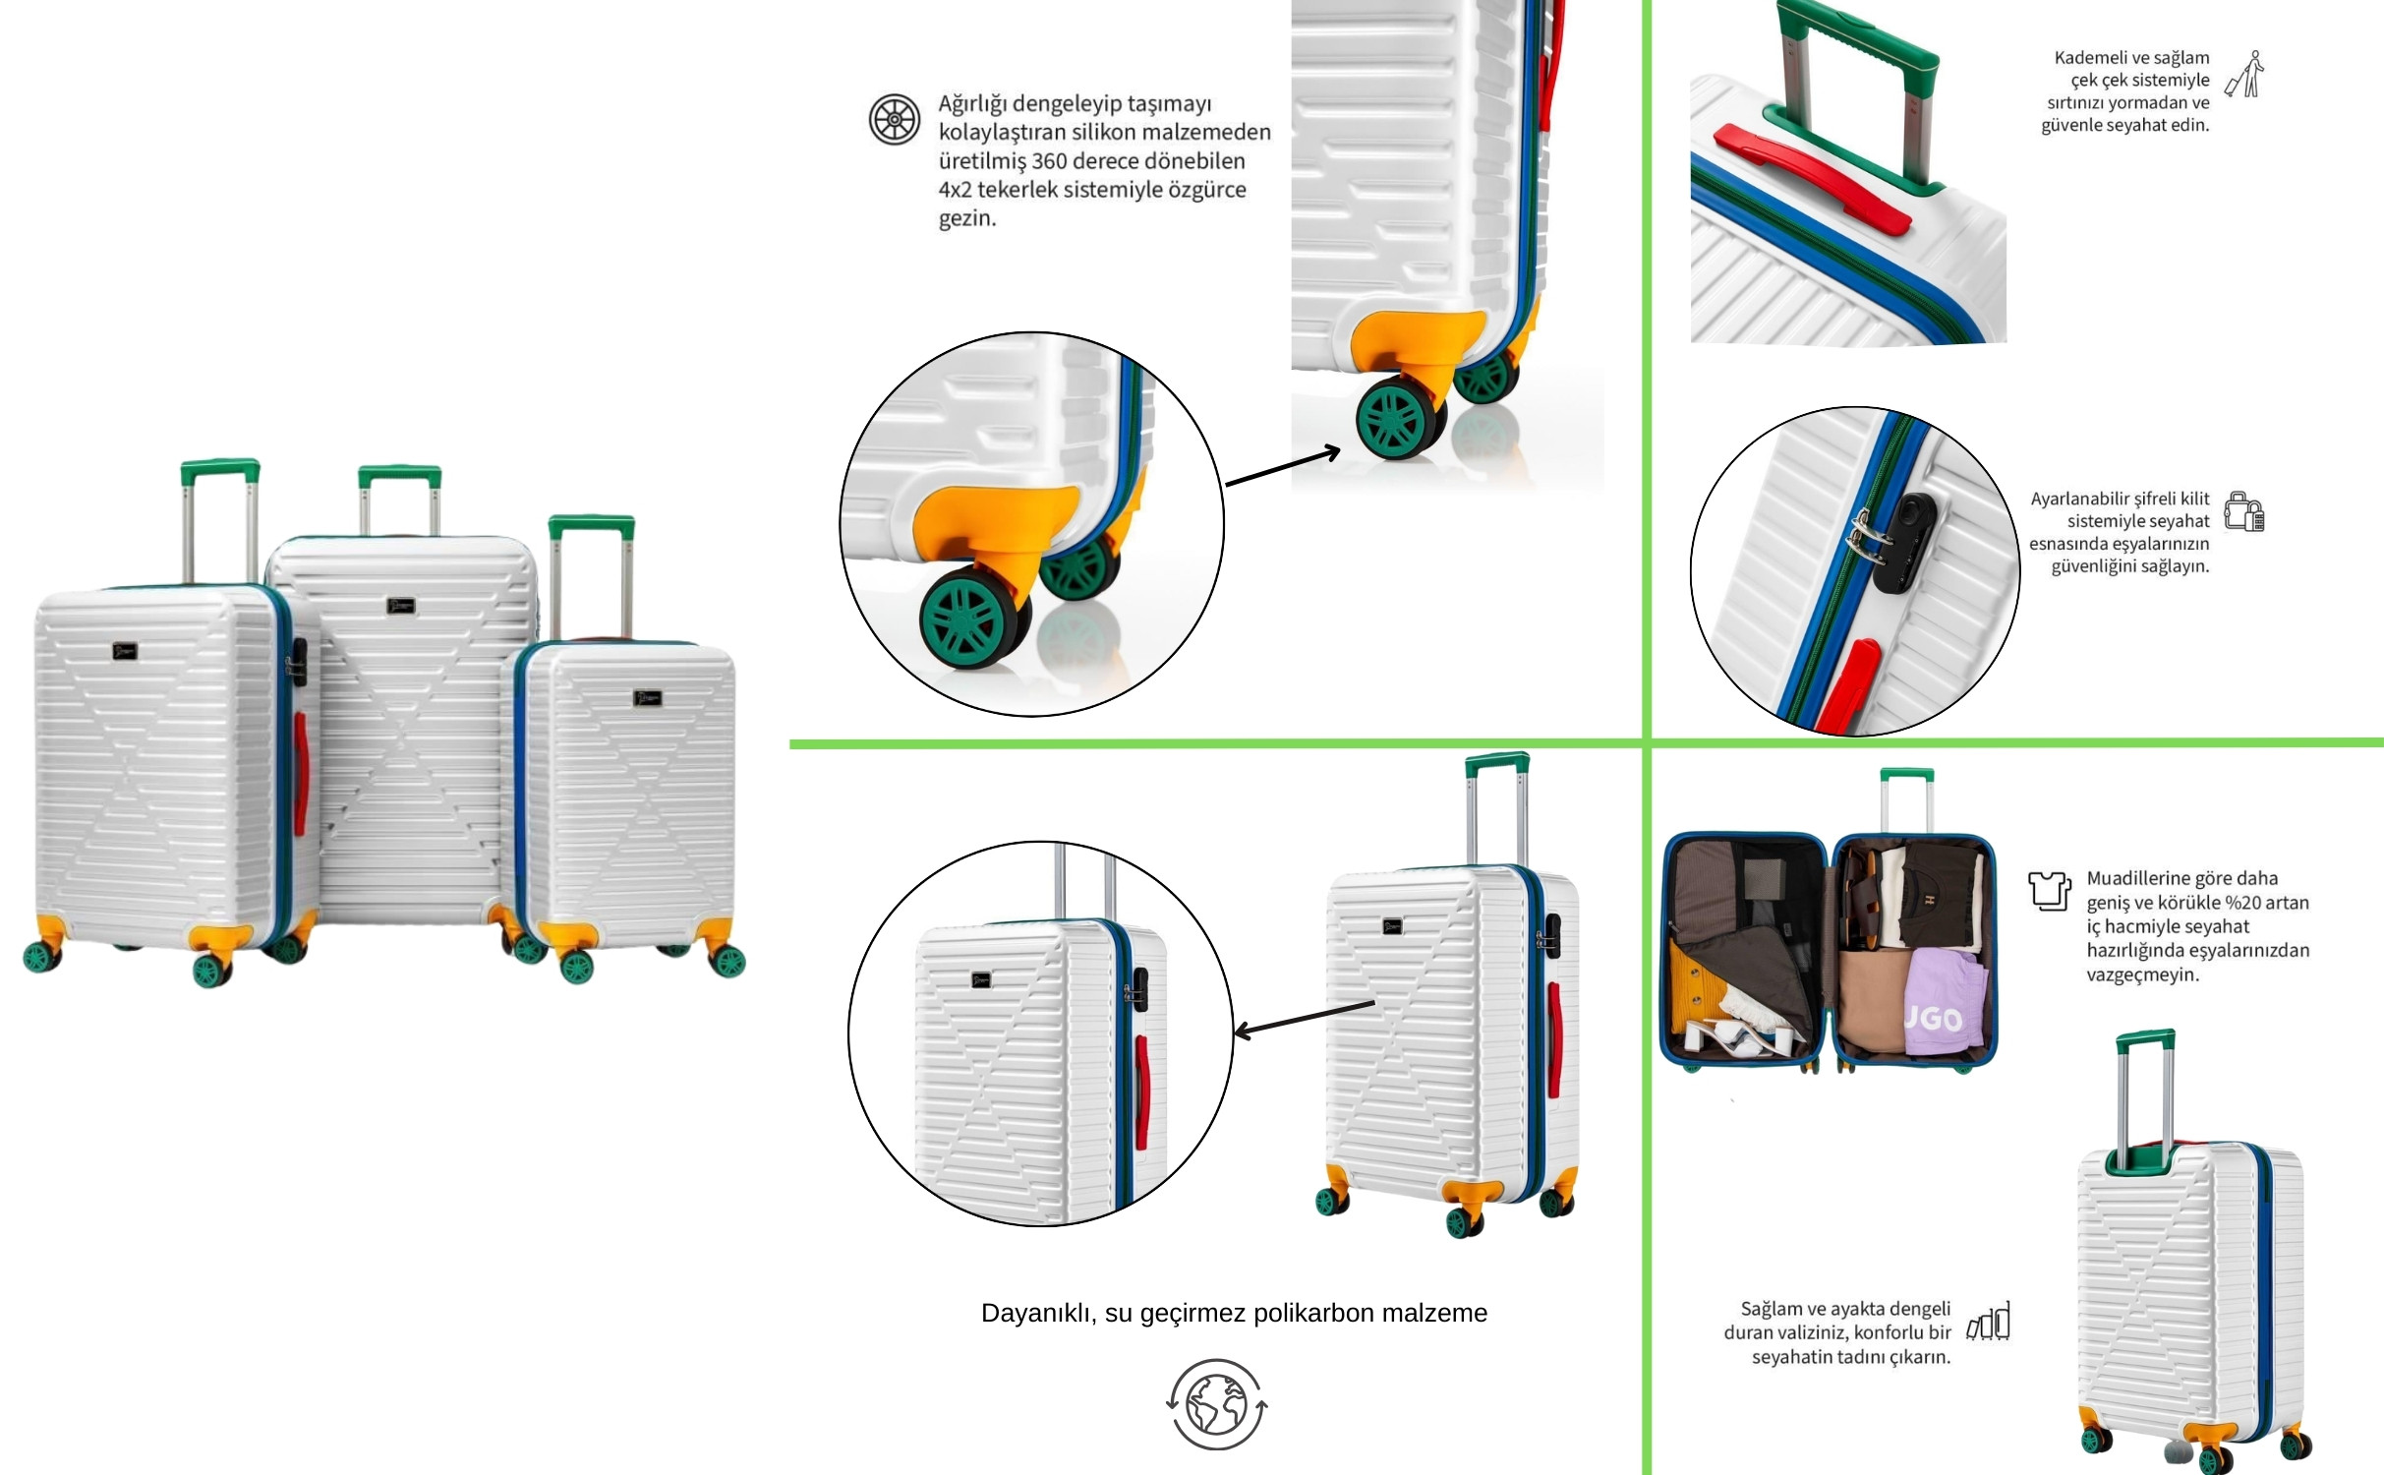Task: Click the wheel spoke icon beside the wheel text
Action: tap(895, 119)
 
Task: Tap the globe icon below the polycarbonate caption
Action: tap(1217, 1404)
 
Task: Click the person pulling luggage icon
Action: tap(2244, 75)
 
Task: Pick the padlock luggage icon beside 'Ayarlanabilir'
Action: tap(2244, 511)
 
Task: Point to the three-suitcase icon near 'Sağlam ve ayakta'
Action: tap(1988, 1322)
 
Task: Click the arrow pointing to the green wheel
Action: tap(1283, 466)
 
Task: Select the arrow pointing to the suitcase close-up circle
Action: tap(1304, 1018)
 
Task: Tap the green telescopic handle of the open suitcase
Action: tap(1907, 800)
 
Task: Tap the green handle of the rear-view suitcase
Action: tap(2145, 1040)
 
